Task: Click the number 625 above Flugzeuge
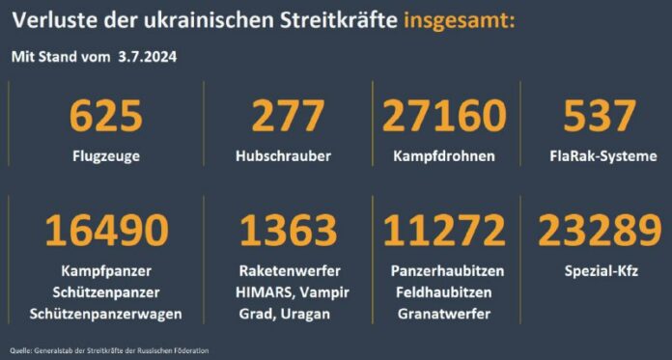click(x=106, y=117)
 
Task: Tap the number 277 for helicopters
click(x=287, y=117)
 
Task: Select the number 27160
click(x=444, y=117)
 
